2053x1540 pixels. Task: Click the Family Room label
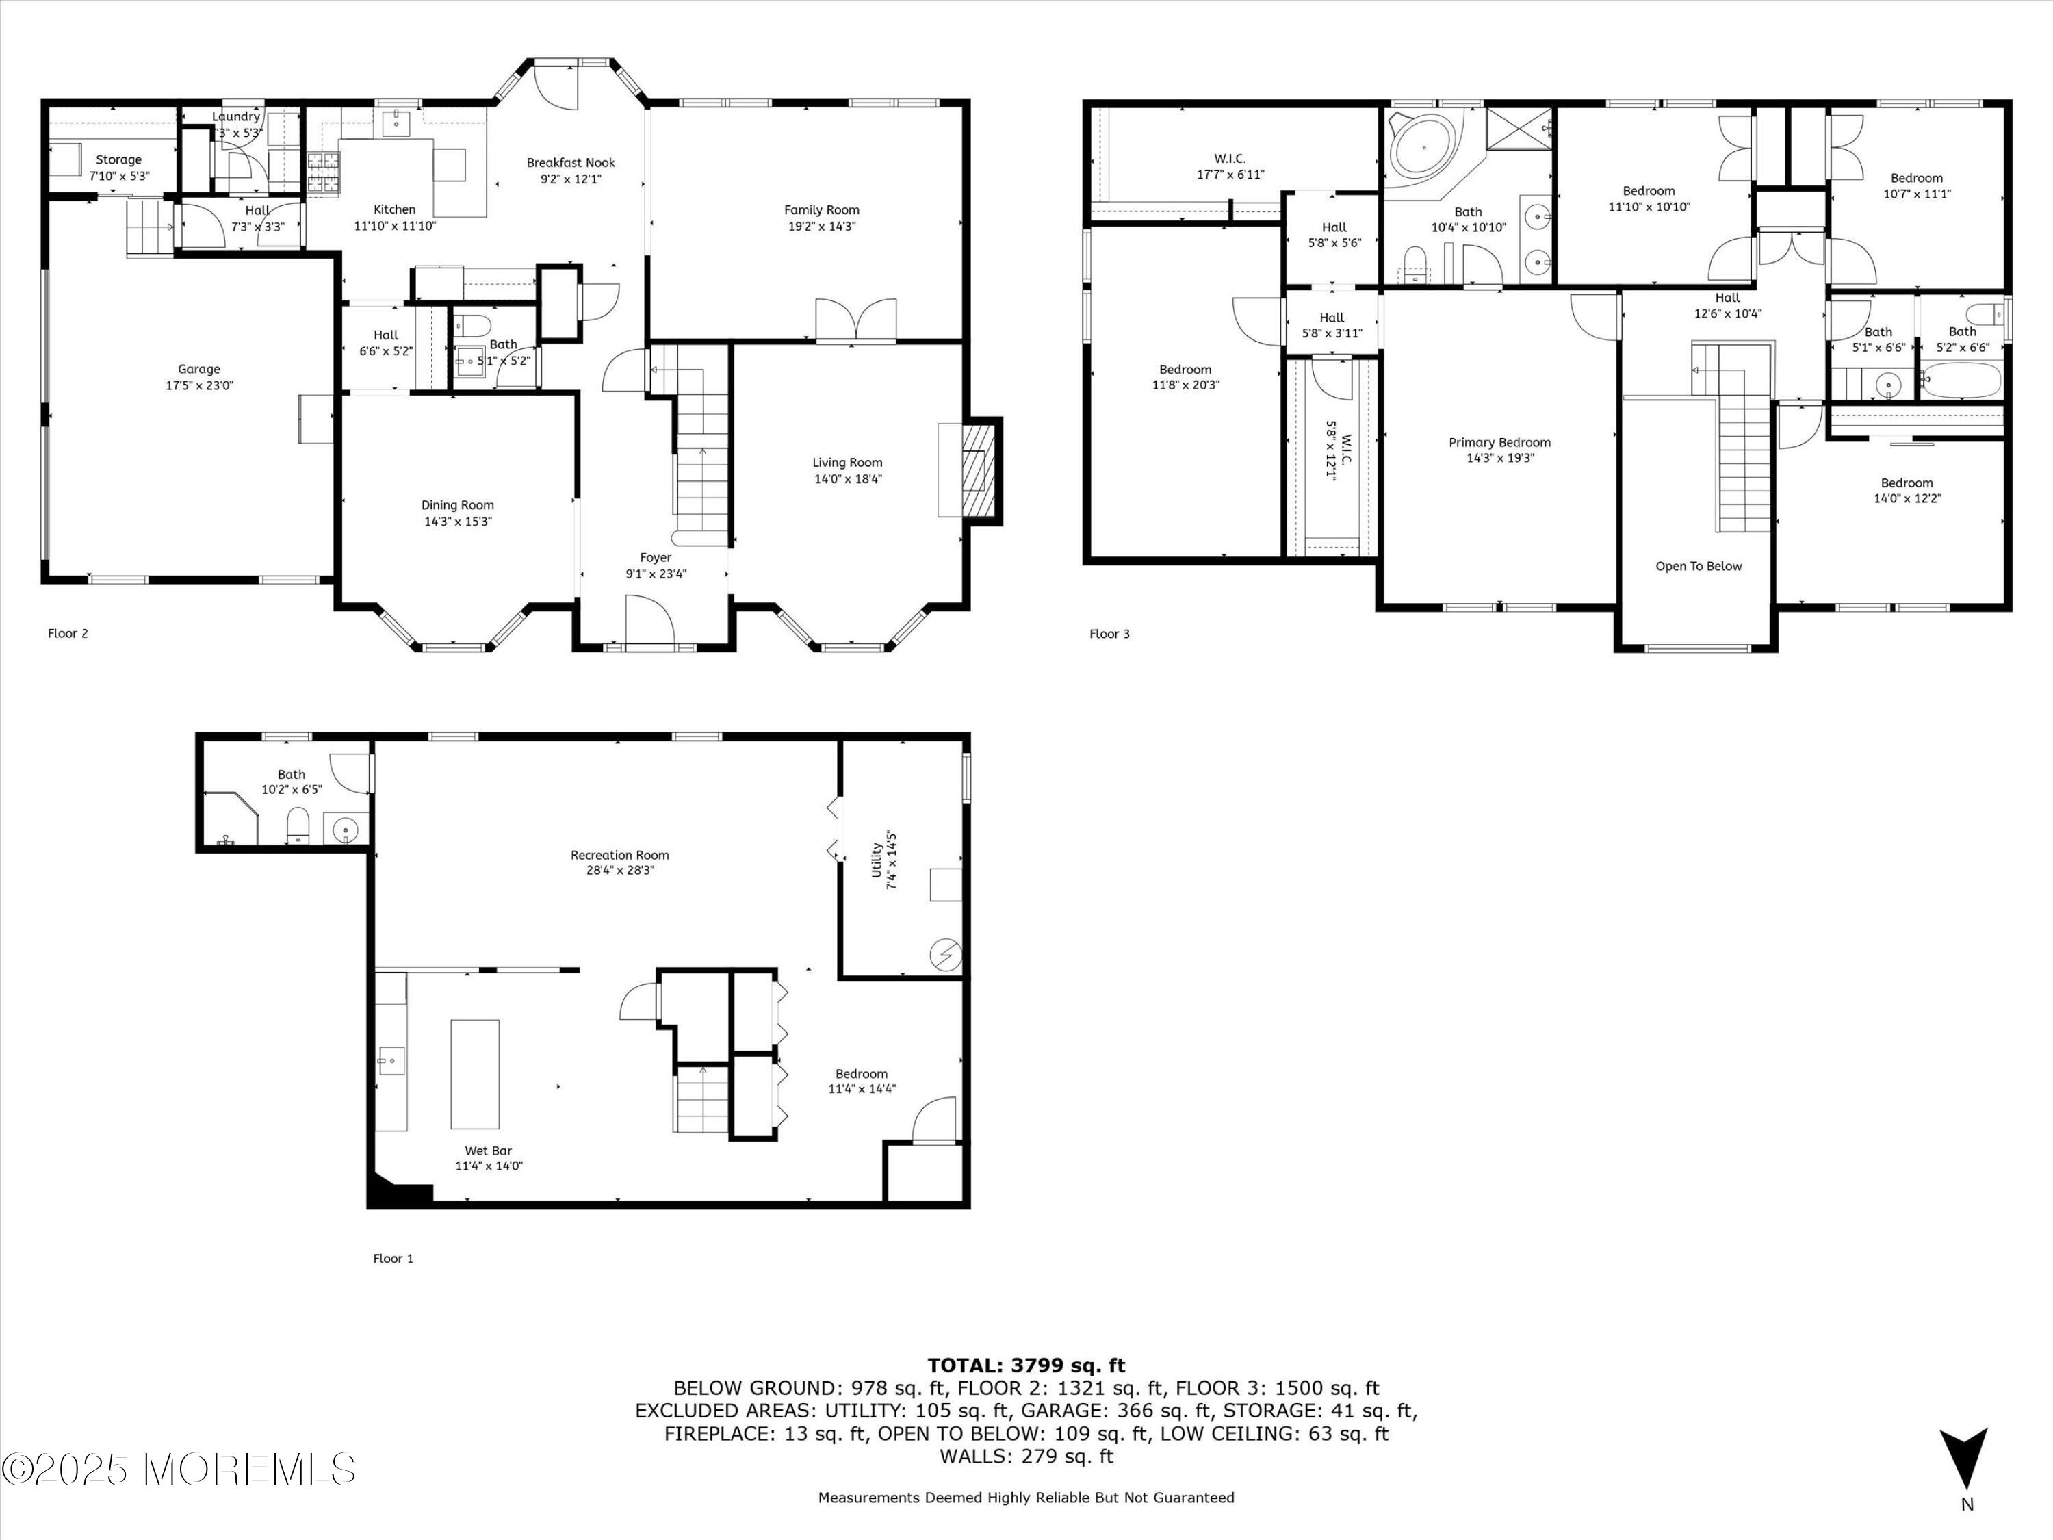[821, 210]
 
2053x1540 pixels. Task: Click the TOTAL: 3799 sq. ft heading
[1026, 1365]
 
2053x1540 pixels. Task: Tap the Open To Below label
[1699, 566]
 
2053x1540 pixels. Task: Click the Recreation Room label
[619, 855]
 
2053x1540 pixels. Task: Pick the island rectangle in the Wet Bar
[474, 1074]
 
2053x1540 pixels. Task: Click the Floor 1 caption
[393, 1259]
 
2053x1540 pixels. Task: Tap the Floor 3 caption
[1109, 634]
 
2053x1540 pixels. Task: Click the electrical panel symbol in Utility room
[946, 954]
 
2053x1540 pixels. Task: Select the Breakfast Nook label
[571, 162]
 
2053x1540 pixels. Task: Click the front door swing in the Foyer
[649, 619]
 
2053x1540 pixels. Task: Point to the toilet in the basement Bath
[298, 824]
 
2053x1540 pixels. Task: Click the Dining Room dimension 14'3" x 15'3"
[458, 522]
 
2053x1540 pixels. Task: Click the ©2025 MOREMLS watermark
[178, 1470]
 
